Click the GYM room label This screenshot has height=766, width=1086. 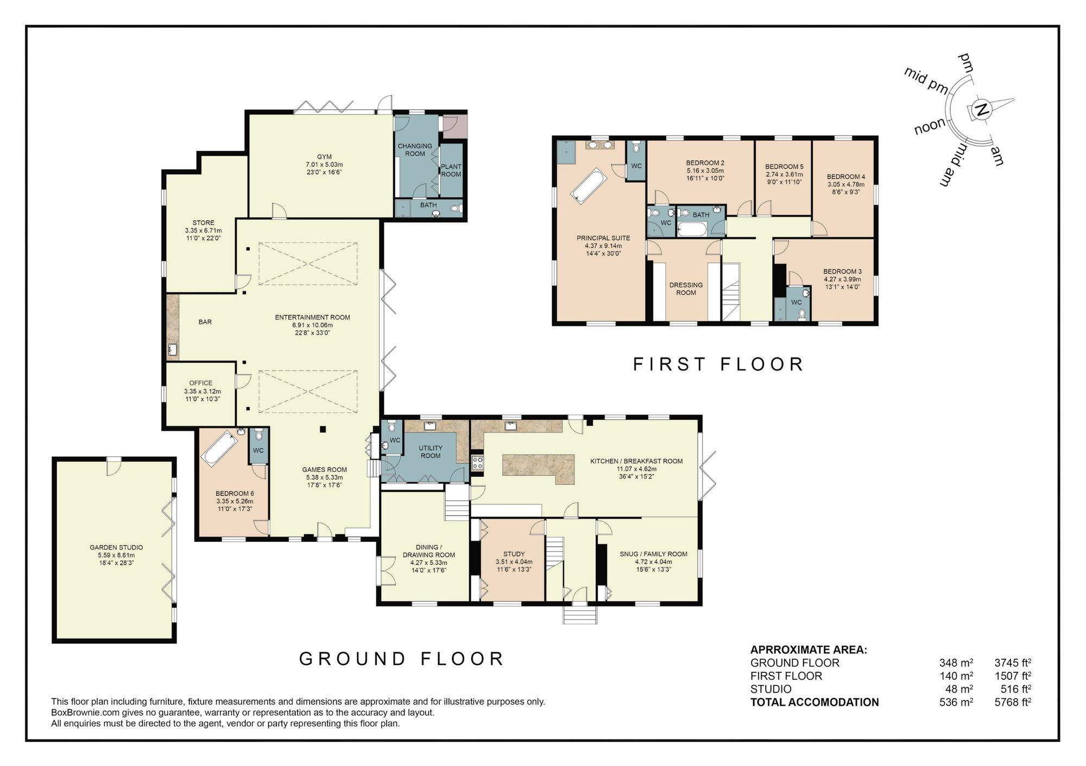click(x=324, y=157)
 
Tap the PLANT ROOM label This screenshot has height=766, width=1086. click(x=451, y=170)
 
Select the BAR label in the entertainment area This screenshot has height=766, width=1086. click(x=205, y=322)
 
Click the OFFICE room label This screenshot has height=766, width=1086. click(x=201, y=383)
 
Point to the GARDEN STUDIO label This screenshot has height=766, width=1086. click(x=116, y=547)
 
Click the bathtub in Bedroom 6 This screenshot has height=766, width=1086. click(x=220, y=448)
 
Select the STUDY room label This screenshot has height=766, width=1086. click(x=514, y=554)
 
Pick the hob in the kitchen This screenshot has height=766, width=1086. click(x=477, y=463)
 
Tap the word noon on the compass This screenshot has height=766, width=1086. click(x=930, y=127)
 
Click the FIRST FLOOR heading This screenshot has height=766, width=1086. click(x=718, y=364)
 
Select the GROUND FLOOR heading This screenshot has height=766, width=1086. click(x=402, y=659)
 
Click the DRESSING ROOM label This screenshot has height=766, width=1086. click(x=686, y=289)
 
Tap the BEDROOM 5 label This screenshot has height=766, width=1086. click(x=784, y=167)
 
